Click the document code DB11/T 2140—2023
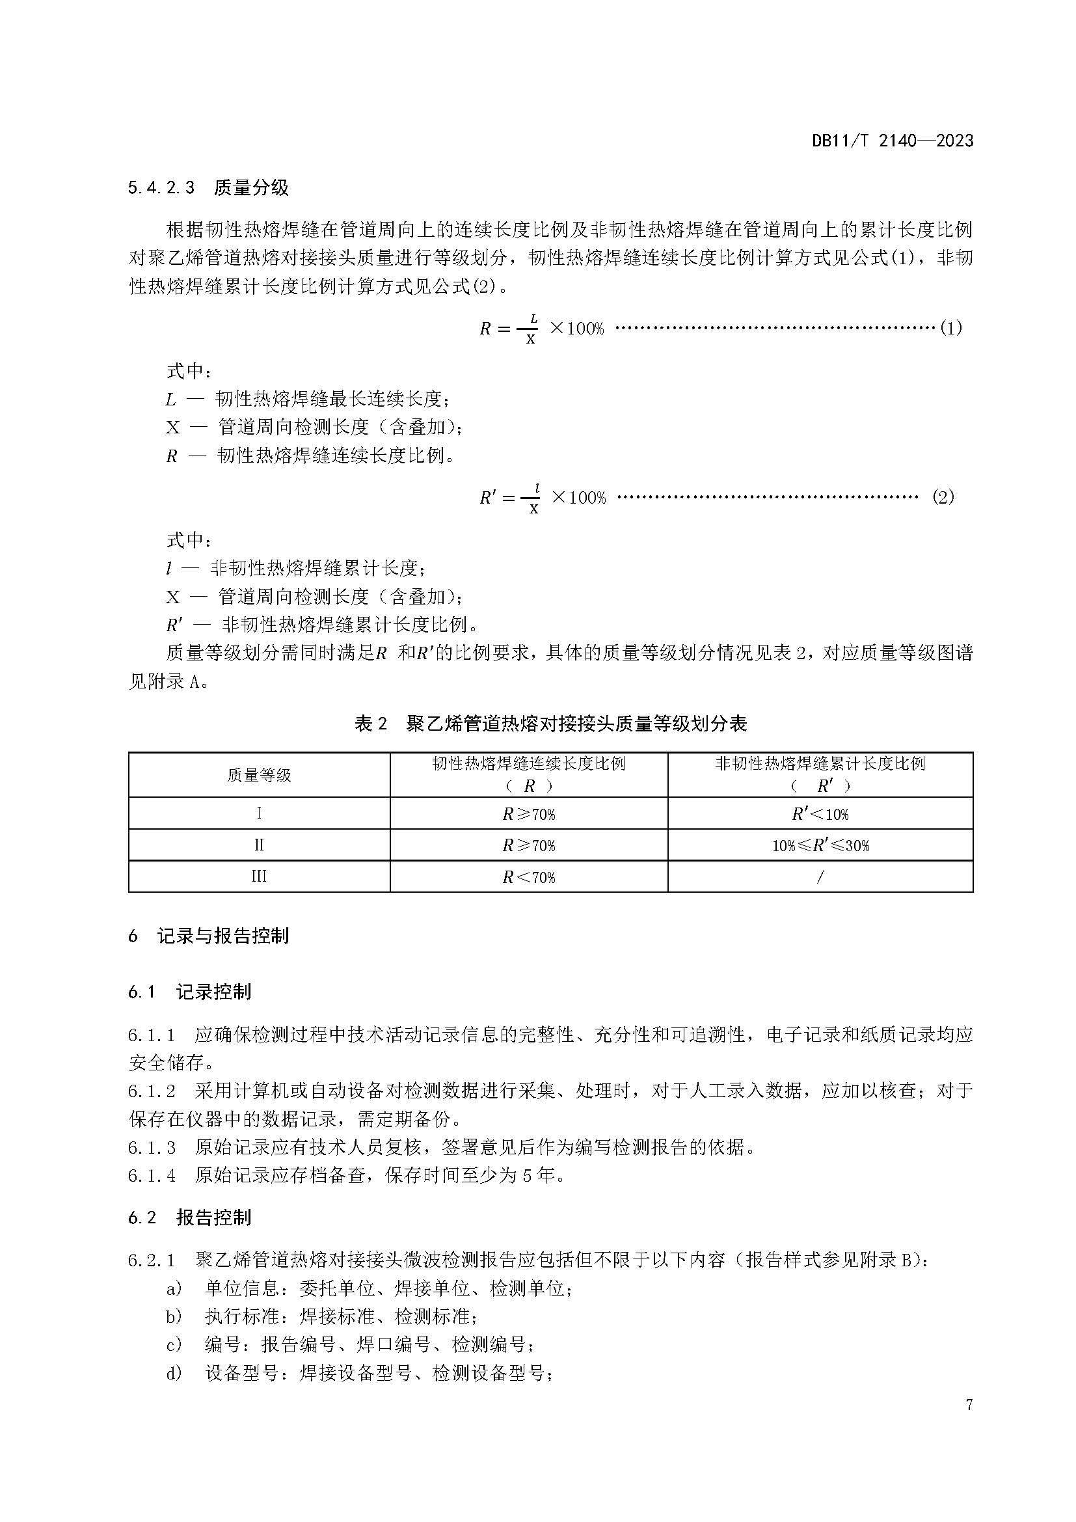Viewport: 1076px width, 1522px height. click(x=893, y=141)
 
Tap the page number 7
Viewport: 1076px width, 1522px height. click(x=969, y=1423)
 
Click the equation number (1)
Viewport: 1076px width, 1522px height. click(x=951, y=328)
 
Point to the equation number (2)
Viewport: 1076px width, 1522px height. click(x=943, y=497)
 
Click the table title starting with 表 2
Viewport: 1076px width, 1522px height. click(x=550, y=723)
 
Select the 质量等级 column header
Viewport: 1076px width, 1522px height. click(x=259, y=775)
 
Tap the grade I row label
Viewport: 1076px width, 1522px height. click(x=259, y=813)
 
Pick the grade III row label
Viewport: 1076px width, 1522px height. click(x=259, y=877)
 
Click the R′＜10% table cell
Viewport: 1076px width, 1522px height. click(x=820, y=814)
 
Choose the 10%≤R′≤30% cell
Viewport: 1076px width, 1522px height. click(x=820, y=846)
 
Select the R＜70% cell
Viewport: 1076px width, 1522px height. click(x=529, y=878)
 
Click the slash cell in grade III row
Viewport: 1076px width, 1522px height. click(x=820, y=877)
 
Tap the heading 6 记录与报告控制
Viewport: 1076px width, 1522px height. click(x=209, y=936)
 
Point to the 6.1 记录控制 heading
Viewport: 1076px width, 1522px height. click(x=190, y=992)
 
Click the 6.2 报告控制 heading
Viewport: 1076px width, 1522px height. click(x=190, y=1217)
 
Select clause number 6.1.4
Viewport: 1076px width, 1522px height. click(x=152, y=1176)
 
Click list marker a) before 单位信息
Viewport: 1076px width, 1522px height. click(x=174, y=1288)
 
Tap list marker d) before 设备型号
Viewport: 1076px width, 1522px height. click(x=174, y=1374)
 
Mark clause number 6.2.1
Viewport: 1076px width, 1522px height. click(x=152, y=1260)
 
